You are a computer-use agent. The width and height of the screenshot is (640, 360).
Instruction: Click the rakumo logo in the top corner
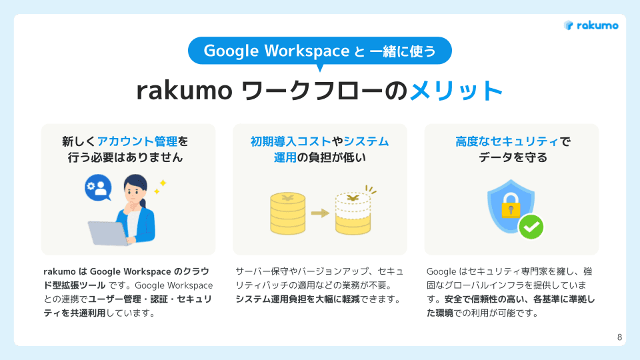coord(591,25)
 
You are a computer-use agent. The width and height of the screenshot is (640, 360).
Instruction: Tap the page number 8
coord(620,337)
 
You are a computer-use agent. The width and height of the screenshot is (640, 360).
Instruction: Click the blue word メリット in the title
coord(456,91)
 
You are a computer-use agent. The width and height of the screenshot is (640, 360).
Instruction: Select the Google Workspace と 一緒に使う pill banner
coord(320,51)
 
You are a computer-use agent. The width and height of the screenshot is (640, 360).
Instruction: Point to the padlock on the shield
coord(511,207)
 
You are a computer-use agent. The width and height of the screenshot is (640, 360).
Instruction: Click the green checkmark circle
coord(531,227)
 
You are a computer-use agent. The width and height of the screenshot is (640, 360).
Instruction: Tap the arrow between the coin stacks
coord(321,213)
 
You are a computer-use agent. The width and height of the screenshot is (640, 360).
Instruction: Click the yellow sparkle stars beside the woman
coord(160,186)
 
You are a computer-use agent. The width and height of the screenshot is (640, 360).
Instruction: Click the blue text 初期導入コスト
coord(291,141)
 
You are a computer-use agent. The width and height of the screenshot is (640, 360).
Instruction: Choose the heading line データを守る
coord(511,158)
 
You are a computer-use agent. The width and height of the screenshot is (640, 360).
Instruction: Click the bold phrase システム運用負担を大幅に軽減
coord(307,299)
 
